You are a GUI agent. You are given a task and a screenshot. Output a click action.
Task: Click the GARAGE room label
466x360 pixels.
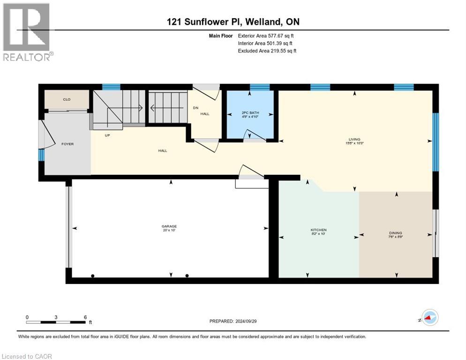169,226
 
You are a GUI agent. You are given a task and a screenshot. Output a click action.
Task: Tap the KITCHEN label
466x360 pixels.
318,230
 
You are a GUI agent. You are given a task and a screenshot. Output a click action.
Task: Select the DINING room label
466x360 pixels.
395,233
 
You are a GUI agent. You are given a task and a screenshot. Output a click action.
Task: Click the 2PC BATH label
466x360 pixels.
250,113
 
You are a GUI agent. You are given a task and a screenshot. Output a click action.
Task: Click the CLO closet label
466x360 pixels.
67,99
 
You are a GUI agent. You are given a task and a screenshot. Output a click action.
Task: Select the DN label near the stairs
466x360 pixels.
195,108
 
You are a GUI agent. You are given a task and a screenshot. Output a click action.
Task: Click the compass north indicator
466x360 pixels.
429,318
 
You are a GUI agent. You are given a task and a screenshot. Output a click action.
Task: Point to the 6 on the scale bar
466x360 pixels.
85,317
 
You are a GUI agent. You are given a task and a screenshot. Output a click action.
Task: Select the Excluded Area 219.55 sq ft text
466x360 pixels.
267,51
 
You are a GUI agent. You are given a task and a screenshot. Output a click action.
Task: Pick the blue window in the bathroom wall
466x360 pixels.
259,87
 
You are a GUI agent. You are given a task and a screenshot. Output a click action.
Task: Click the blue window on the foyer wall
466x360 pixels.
41,155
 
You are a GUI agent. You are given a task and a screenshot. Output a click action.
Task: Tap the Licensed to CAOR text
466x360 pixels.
27,356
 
